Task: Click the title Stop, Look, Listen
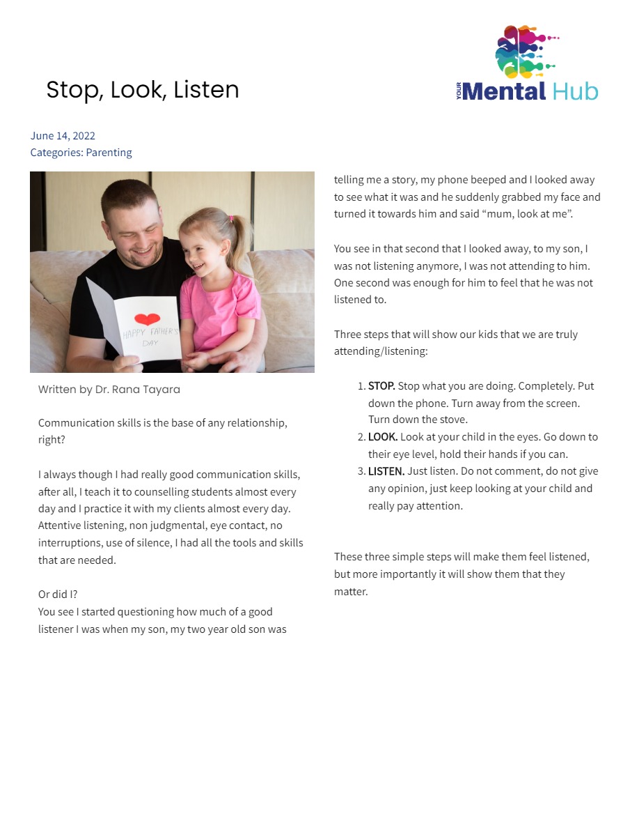tap(143, 90)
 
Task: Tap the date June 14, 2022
tap(63, 136)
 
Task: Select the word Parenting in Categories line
tap(109, 153)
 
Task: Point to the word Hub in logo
tap(575, 91)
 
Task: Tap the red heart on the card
tap(147, 319)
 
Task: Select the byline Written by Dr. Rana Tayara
tap(109, 390)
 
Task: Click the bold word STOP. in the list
tap(381, 386)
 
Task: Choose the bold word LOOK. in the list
tap(383, 437)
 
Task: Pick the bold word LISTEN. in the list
tap(386, 471)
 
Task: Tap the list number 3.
tap(361, 471)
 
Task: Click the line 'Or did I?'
tap(58, 595)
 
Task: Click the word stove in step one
tap(454, 420)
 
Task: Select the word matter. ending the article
tap(351, 592)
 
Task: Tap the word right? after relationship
tap(52, 440)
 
